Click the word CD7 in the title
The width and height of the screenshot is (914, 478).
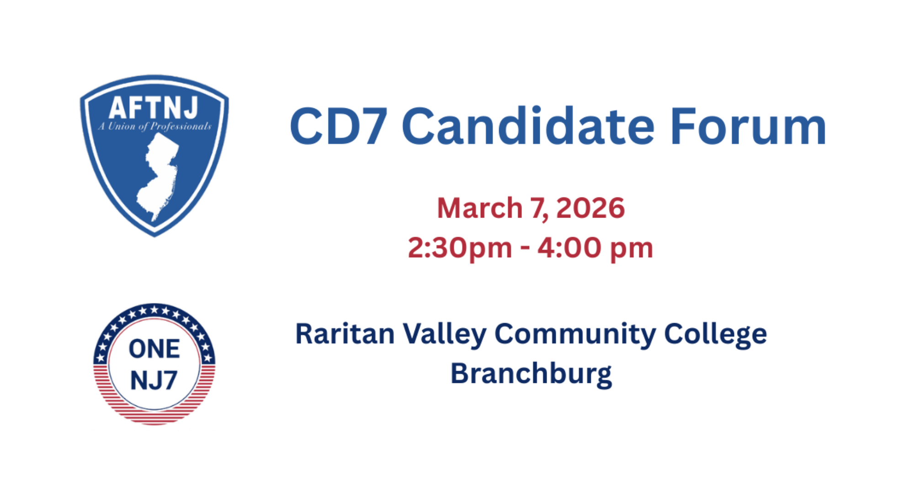[339, 127]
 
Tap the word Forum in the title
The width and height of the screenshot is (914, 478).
[749, 126]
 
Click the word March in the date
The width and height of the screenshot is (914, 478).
[479, 208]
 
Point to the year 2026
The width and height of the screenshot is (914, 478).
[590, 208]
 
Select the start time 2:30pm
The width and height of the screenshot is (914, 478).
[460, 249]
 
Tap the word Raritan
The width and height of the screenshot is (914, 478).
[345, 334]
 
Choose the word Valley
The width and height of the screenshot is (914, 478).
[445, 335]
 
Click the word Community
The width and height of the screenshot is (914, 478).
[575, 335]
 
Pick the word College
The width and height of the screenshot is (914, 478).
[716, 335]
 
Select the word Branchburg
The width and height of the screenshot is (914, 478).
[531, 375]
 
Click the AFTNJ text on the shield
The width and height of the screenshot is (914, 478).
[154, 108]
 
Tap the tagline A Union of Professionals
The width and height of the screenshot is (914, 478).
[154, 127]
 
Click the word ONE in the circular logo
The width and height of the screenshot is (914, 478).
[154, 349]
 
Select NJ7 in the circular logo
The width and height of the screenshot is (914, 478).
[154, 380]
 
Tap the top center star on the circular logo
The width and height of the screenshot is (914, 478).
[154, 310]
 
